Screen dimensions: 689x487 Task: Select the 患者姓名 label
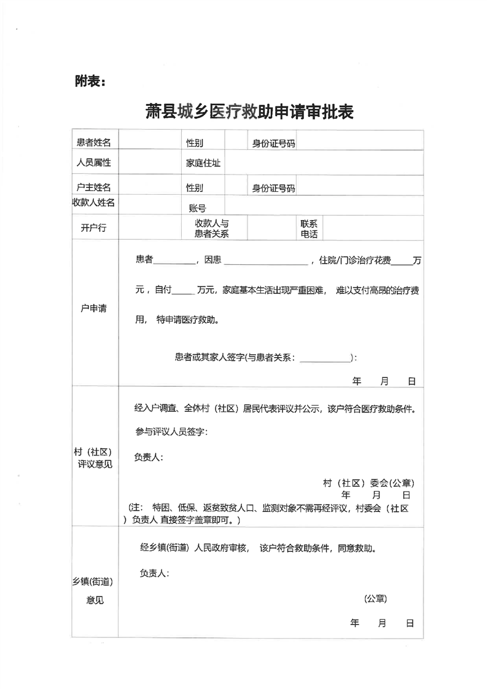pos(94,143)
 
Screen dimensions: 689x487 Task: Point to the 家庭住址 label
pos(203,163)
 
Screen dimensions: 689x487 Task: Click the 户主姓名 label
pos(94,187)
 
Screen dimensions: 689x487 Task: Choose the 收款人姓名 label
pos(94,202)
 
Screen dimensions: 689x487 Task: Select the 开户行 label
pos(93,227)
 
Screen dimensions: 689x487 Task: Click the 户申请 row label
pos(93,308)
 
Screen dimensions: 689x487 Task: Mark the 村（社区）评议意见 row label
pos(93,458)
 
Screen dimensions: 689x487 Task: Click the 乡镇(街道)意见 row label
pos(94,590)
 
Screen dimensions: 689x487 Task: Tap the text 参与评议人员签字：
pos(172,432)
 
